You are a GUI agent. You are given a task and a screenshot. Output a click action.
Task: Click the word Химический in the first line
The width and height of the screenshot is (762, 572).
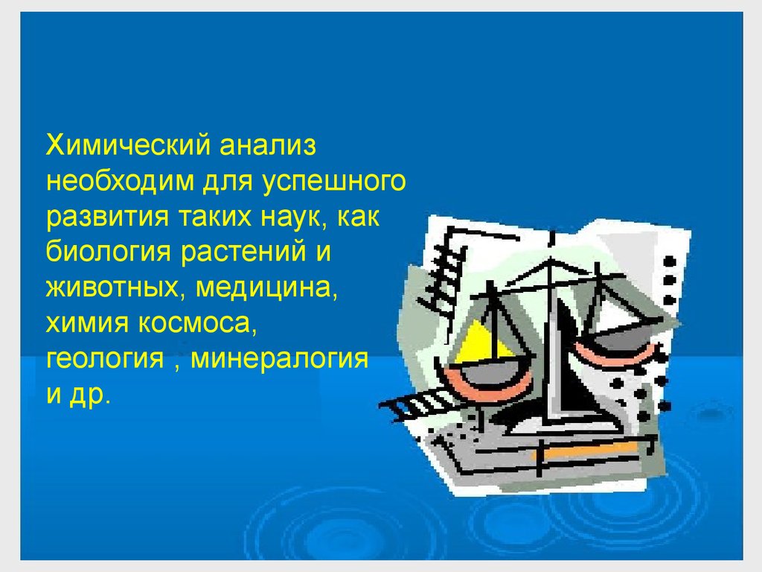(129, 145)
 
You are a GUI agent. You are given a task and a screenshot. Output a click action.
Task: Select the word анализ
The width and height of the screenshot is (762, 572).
(268, 145)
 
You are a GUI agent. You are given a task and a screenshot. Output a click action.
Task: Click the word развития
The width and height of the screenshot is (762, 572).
(107, 217)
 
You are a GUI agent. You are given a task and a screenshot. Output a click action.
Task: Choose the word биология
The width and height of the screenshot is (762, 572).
(109, 252)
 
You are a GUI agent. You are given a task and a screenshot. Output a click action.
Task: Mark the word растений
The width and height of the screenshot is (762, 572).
(243, 252)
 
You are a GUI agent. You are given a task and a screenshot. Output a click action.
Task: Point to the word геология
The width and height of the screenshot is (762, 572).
(105, 359)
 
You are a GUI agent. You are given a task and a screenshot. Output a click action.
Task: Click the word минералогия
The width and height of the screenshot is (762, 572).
(280, 359)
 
